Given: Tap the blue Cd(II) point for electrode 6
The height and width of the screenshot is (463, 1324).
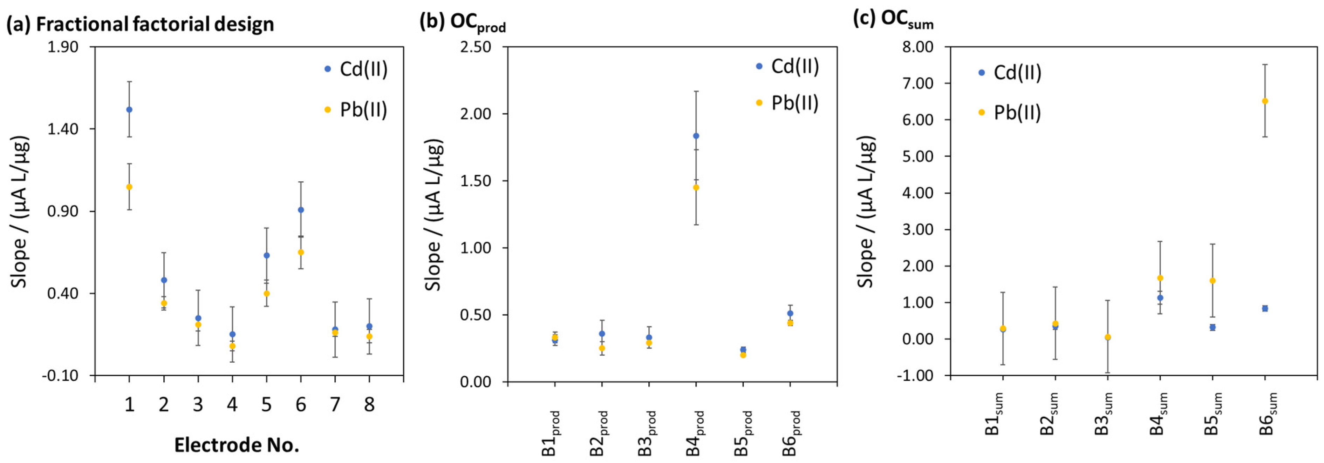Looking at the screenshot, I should click(x=301, y=210).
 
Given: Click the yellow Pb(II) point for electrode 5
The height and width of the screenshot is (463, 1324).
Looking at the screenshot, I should click(x=266, y=294).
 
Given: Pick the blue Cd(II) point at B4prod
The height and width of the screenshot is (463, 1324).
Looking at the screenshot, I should click(x=696, y=136).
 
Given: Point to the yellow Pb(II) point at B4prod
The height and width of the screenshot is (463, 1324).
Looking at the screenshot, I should click(x=696, y=187).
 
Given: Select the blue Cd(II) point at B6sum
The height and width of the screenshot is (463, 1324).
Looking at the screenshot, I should click(x=1265, y=309).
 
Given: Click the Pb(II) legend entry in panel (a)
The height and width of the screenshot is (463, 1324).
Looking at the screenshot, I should click(x=362, y=109).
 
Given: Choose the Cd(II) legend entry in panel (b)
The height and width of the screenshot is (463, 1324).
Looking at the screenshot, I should click(x=794, y=66).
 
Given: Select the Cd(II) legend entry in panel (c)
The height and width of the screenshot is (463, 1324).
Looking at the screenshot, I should click(x=1017, y=73).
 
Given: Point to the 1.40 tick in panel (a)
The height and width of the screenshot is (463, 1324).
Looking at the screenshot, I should click(x=63, y=129).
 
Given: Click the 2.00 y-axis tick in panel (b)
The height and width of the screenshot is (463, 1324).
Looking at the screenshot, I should click(x=476, y=114).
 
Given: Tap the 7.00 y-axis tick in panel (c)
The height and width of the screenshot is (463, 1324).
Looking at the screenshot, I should click(x=917, y=83).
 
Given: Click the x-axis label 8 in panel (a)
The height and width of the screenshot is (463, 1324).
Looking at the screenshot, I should click(x=369, y=405).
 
